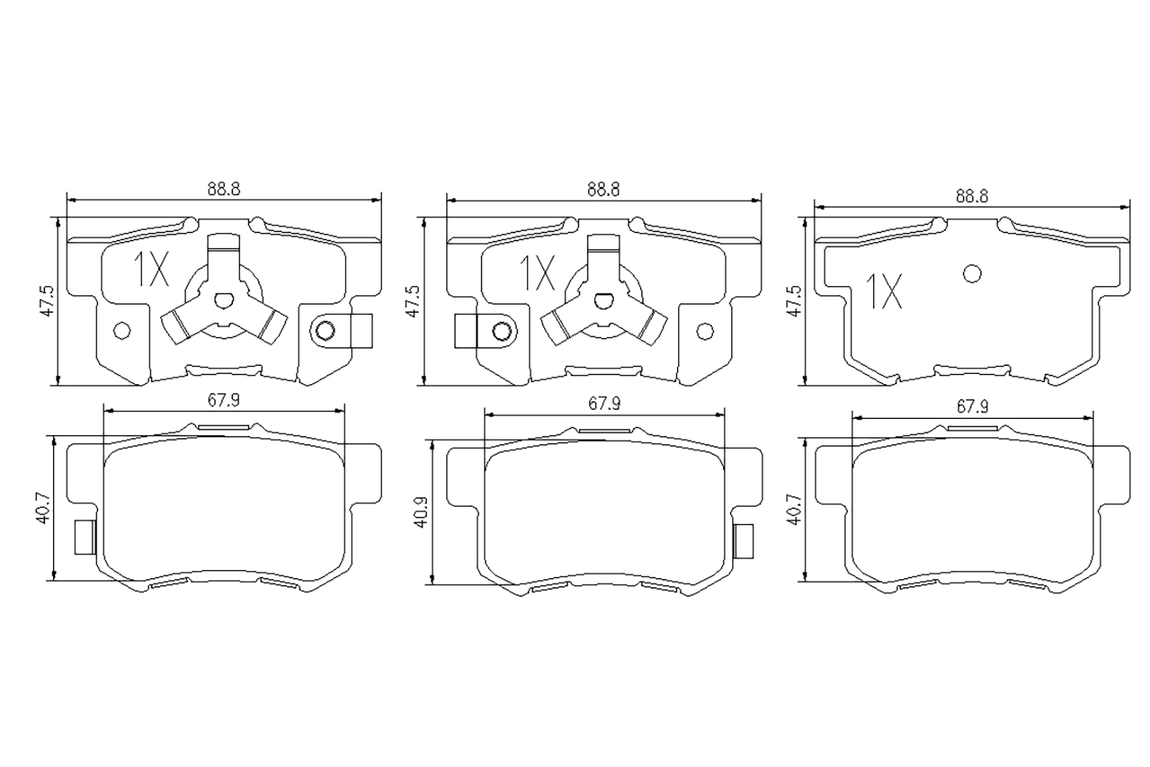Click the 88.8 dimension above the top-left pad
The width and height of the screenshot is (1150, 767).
[224, 190]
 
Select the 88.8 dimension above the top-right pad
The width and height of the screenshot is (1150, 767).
[972, 196]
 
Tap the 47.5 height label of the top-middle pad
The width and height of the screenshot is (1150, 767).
[414, 302]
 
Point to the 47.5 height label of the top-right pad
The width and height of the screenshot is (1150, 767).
[795, 302]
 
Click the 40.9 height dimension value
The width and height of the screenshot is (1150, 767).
[422, 512]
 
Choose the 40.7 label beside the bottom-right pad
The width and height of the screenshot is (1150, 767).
[795, 509]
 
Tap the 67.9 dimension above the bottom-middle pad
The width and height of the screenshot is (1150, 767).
[604, 404]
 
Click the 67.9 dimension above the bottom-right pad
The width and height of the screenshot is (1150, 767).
[972, 407]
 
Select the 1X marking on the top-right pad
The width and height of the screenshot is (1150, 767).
[884, 291]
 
